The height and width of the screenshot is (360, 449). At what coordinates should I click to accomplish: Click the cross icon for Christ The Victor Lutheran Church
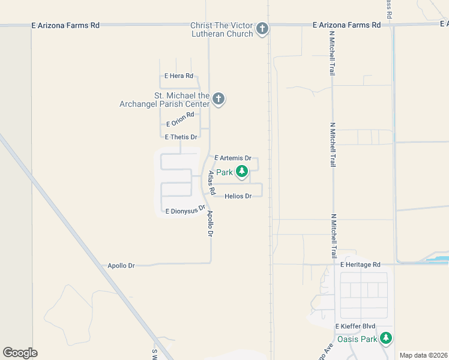coord(262,28)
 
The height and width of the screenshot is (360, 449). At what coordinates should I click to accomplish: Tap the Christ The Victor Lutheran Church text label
coord(221,29)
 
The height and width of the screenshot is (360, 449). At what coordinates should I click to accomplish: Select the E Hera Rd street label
coord(179,76)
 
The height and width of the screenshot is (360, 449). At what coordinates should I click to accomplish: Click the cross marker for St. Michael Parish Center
coord(218,99)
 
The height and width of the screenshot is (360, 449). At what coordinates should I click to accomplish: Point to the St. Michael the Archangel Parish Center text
coord(182,100)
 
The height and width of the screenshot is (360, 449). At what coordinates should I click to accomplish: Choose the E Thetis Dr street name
coord(176,137)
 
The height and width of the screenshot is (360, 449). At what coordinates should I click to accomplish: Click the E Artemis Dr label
coord(232,158)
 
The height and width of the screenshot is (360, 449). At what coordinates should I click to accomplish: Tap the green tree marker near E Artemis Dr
coord(242,172)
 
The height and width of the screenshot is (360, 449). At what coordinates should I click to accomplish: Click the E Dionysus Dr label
coord(185,209)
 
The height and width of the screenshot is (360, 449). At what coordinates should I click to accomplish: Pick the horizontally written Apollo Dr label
coord(121,265)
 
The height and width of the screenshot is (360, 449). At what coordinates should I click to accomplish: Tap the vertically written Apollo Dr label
coord(210,223)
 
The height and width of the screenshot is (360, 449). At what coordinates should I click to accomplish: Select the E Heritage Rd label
coord(360,265)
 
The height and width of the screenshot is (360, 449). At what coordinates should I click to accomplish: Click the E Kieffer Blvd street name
coord(355,326)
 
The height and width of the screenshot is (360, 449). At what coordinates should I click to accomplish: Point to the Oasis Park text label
coord(357,339)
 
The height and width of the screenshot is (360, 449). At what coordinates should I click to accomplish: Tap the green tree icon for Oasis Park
coord(386,338)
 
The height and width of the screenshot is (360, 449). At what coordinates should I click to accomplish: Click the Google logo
coord(20,353)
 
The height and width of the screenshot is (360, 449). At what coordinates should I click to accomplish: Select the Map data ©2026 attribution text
coord(423,355)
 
